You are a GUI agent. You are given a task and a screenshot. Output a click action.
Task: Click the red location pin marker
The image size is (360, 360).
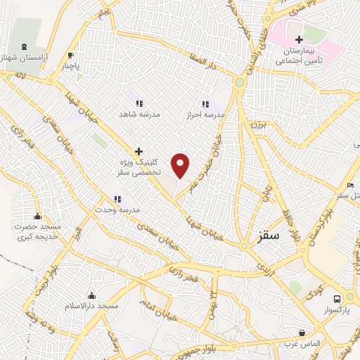click(x=181, y=165)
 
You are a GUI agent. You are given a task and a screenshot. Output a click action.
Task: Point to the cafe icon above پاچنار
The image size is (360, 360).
click(x=70, y=56)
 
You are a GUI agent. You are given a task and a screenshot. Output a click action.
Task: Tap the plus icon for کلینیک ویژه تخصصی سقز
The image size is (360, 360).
click(x=139, y=151)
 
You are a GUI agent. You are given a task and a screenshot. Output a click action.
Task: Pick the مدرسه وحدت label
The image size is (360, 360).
click(x=119, y=210)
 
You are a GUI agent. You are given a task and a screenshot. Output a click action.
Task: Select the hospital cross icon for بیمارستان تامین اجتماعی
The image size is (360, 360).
click(x=300, y=39)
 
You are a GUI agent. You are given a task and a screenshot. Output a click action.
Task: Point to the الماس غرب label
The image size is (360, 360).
click(x=303, y=342)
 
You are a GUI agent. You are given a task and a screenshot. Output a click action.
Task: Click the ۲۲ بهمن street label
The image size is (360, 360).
click(x=210, y=303)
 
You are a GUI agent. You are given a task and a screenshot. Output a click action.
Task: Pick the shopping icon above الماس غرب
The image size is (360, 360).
click(x=302, y=333)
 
